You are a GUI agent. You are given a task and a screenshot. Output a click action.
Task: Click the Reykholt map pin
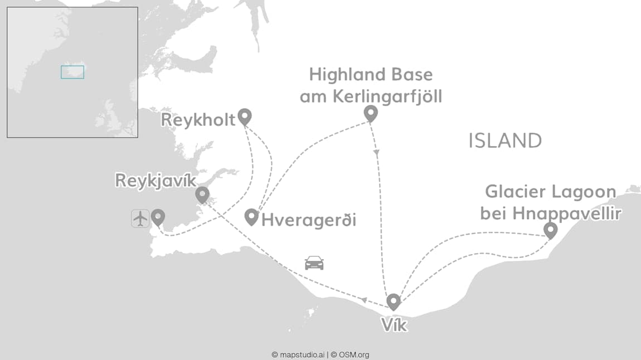click(x=244, y=116)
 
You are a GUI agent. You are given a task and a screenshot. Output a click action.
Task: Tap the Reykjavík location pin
click(x=202, y=194)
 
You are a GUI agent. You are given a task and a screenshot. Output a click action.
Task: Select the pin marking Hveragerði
click(x=251, y=216)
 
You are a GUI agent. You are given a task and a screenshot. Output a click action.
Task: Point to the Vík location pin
click(x=394, y=301)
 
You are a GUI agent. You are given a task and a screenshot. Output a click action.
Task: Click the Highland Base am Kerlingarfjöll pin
click(x=371, y=113)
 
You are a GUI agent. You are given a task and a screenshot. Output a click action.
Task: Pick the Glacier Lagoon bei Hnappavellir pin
click(x=551, y=230)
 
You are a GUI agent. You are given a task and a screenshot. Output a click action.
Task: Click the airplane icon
click(x=140, y=218)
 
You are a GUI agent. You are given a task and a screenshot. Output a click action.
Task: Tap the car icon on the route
click(x=314, y=262)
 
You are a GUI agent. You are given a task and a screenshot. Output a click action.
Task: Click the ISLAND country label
click(x=505, y=141)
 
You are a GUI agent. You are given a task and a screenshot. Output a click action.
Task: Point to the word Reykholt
click(x=198, y=120)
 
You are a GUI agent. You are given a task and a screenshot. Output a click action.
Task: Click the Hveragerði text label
click(x=308, y=220)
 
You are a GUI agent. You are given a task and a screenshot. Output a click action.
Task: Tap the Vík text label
click(x=394, y=324)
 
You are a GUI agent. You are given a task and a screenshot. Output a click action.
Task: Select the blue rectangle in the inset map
click(x=72, y=72)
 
